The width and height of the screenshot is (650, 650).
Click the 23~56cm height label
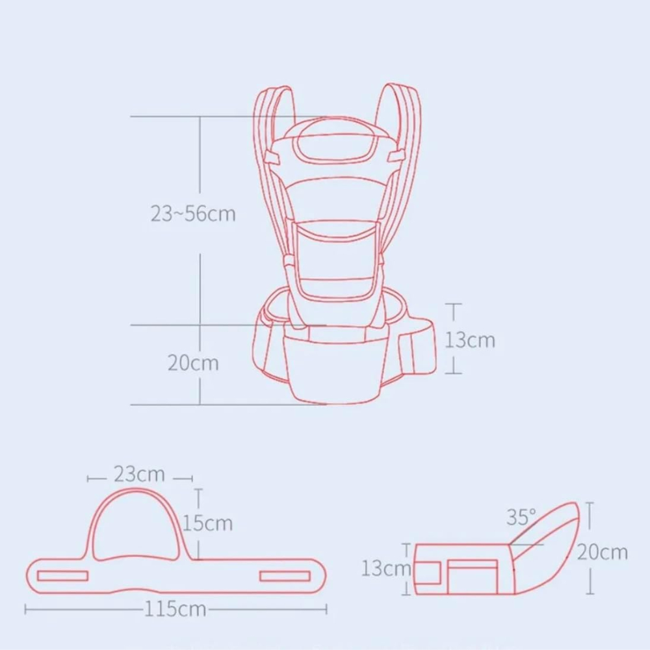(x=193, y=214)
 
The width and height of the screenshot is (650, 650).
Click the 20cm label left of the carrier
(x=193, y=363)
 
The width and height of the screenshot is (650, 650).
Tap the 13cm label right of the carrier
(x=470, y=340)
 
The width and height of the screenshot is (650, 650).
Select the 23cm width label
(x=139, y=474)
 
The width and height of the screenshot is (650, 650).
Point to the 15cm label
(x=207, y=523)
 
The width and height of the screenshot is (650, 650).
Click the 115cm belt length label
(x=175, y=609)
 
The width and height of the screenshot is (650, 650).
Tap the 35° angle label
(x=521, y=517)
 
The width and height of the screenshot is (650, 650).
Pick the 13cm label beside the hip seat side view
(x=386, y=568)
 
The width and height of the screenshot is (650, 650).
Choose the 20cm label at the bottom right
(x=603, y=552)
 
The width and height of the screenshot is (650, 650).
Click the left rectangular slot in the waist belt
(x=62, y=576)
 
